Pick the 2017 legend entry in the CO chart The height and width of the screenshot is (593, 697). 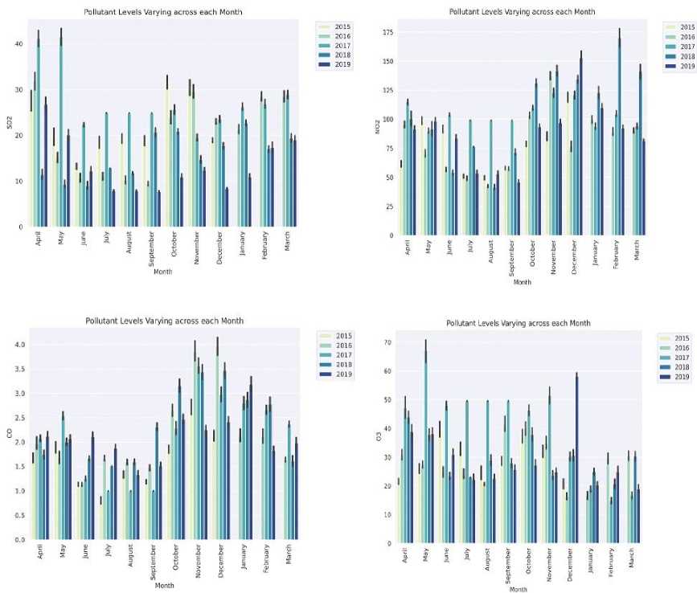(335, 354)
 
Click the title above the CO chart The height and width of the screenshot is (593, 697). (165, 321)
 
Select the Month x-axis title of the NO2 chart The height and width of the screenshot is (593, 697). (522, 283)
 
